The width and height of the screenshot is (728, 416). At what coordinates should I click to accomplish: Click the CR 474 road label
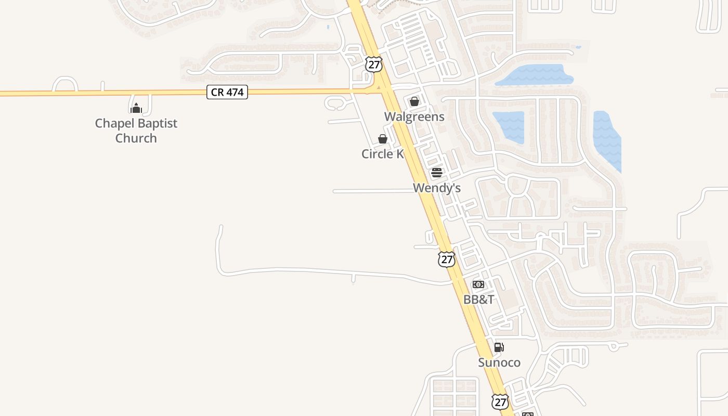227,93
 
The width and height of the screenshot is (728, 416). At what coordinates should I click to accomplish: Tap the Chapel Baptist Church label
136,131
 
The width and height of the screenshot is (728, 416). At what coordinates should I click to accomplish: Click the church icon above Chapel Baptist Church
136,108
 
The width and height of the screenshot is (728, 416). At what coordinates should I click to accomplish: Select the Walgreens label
414,116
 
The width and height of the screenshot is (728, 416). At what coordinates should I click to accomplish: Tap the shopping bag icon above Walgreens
414,101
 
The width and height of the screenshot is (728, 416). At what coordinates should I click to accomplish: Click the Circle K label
383,154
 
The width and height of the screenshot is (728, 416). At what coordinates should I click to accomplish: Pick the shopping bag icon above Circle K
383,139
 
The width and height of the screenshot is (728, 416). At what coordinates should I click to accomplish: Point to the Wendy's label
437,188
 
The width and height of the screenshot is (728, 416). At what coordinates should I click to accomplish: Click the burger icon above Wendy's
437,173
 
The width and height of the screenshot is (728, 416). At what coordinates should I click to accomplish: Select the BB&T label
478,300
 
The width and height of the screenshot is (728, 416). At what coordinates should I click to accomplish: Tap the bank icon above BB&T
478,284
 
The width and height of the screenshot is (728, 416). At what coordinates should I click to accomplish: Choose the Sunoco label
499,362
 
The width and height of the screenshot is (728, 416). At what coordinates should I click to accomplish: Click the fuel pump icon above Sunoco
499,347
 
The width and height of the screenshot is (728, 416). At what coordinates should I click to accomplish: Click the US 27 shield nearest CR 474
373,64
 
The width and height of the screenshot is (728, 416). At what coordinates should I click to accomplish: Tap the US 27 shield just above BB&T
446,259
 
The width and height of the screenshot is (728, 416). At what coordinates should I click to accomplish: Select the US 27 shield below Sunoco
500,401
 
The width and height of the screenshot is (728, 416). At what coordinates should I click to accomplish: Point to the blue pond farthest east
607,139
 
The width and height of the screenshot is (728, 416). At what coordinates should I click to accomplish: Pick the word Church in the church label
136,138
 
